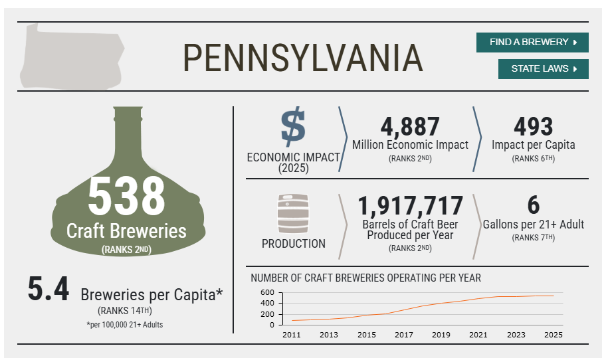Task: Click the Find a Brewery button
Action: click(532, 42)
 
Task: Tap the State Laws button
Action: click(543, 69)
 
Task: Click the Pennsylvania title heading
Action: click(302, 58)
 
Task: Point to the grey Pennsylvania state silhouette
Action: click(72, 56)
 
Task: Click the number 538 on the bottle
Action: click(126, 196)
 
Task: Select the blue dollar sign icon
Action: click(293, 126)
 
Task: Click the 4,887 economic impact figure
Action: click(410, 126)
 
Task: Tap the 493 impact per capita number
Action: click(534, 126)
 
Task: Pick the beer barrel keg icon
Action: click(293, 214)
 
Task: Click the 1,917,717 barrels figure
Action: click(410, 205)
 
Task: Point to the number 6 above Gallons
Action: click(534, 205)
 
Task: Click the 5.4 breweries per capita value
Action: click(49, 288)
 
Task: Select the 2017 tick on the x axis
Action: click(404, 335)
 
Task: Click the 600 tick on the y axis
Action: click(267, 292)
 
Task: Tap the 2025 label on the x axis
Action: click(554, 335)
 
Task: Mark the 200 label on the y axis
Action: click(267, 314)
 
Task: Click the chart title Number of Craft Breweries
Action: click(365, 278)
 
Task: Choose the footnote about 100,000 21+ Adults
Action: click(125, 324)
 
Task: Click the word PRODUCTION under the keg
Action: click(293, 244)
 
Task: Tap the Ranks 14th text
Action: click(125, 311)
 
